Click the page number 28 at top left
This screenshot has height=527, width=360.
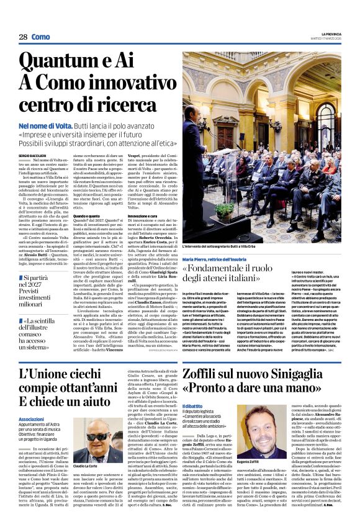pyautogui.click(x=23, y=37)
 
